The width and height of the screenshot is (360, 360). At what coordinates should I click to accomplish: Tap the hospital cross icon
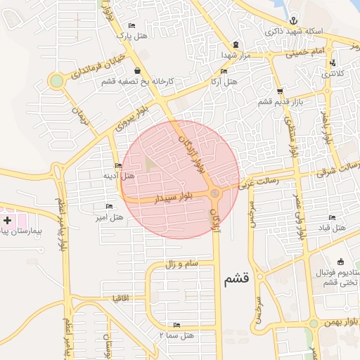pos(7,220)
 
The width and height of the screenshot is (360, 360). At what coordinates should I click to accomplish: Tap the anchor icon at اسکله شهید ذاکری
pos(293,19)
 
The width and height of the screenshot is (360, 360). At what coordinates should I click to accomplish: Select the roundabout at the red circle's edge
pos(216,193)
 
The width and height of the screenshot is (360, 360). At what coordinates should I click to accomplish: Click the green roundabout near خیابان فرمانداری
pos(56,81)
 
